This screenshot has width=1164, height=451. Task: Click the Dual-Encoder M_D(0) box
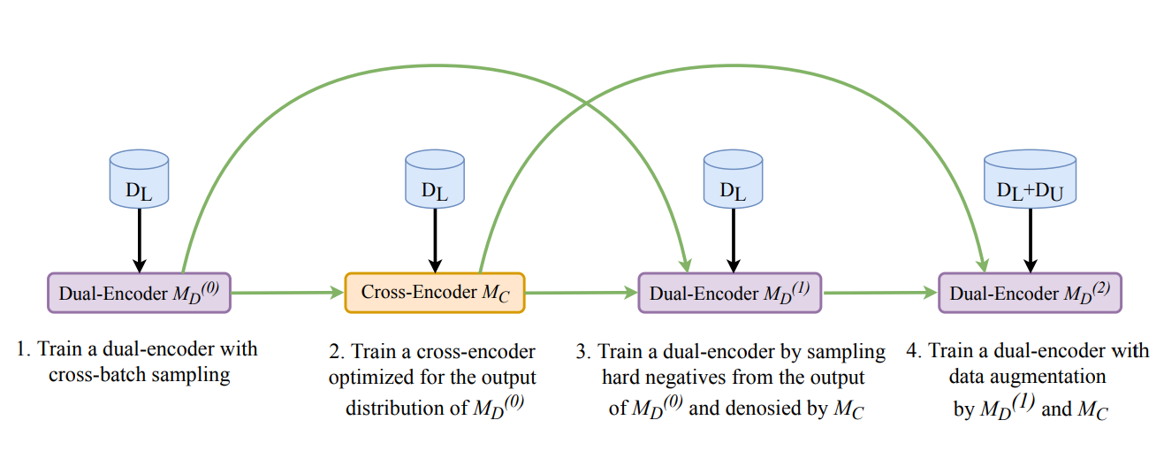(x=138, y=293)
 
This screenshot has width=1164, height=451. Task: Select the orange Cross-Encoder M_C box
(x=435, y=293)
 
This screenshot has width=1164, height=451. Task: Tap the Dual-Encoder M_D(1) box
(x=729, y=293)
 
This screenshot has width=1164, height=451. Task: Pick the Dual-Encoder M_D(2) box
(x=1030, y=293)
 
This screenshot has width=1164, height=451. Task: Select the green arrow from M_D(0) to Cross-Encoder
(x=286, y=293)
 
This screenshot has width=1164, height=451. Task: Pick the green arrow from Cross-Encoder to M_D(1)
(x=581, y=293)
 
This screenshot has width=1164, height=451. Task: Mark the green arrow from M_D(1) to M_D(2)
(x=879, y=293)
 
